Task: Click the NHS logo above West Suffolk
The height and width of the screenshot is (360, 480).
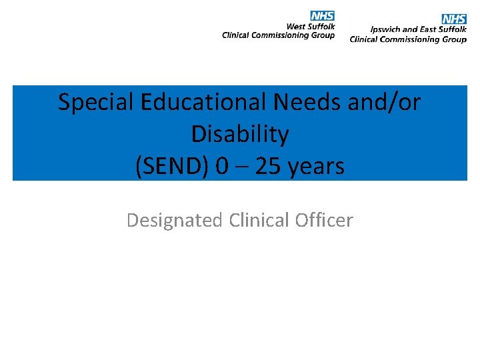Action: click(x=322, y=16)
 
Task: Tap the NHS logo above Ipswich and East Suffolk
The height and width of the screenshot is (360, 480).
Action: click(x=454, y=19)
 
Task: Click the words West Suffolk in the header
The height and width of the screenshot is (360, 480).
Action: click(x=311, y=27)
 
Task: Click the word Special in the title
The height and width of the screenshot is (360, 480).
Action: click(x=95, y=103)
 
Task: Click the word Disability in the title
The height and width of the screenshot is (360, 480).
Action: click(x=240, y=135)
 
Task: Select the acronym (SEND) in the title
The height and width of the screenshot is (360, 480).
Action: click(x=172, y=167)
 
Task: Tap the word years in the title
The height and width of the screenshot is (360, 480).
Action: click(x=318, y=167)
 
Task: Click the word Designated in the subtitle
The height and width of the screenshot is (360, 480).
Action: click(x=174, y=220)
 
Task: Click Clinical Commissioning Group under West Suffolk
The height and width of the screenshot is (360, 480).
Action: click(x=279, y=35)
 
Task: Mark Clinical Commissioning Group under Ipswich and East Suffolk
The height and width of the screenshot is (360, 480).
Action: click(x=408, y=39)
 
